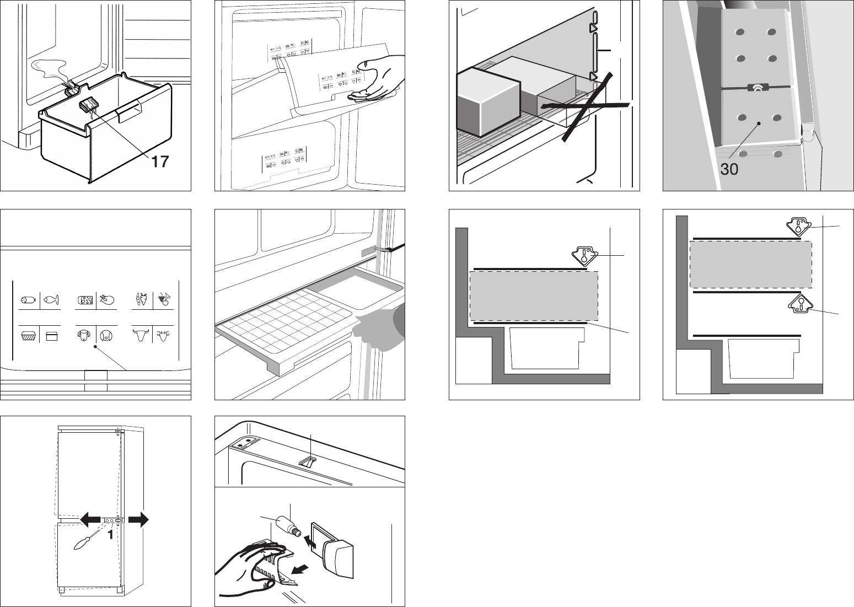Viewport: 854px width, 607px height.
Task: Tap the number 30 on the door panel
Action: (729, 169)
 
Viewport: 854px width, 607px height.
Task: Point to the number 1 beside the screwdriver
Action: (110, 535)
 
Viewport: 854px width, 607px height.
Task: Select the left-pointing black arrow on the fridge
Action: (90, 520)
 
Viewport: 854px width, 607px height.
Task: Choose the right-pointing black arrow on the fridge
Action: (138, 520)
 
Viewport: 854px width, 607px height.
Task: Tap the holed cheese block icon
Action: (85, 300)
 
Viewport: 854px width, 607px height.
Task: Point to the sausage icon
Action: (28, 299)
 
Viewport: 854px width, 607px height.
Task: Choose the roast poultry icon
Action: (106, 300)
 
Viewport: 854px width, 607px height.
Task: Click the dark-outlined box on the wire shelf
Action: (488, 101)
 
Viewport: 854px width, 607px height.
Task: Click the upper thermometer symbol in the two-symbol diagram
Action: (797, 226)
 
